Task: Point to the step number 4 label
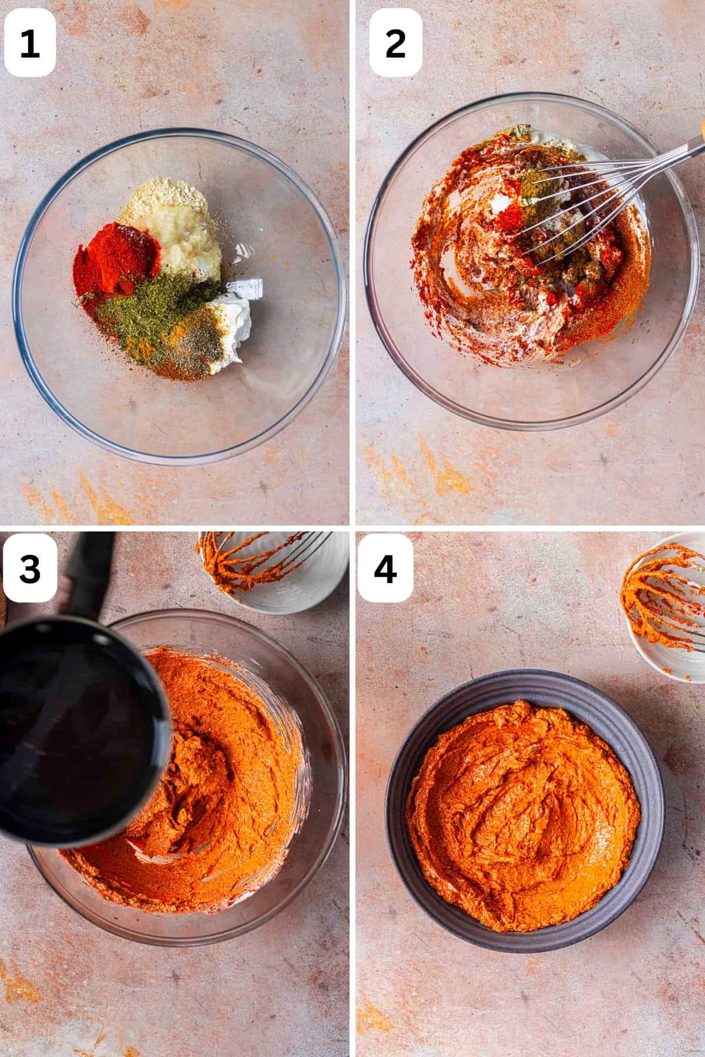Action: pos(385,569)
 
